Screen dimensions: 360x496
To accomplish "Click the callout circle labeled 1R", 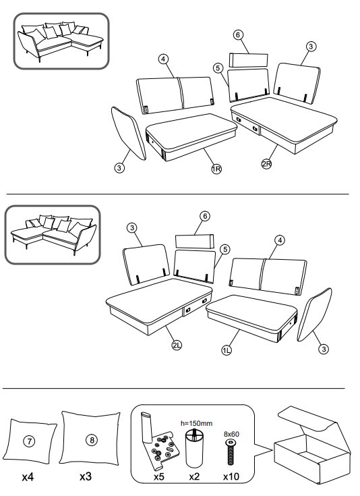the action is click(x=216, y=169).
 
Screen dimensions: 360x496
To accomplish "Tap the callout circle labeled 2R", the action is click(x=266, y=164).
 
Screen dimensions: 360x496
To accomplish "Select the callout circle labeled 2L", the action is click(x=177, y=345).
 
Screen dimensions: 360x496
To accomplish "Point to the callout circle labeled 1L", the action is click(x=227, y=350).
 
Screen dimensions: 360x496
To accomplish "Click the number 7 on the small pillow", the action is click(x=29, y=441).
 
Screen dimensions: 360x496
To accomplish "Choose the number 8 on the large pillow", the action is click(x=92, y=440).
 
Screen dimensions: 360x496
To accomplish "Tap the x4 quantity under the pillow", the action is click(x=28, y=477).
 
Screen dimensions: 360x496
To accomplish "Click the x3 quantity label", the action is click(x=86, y=476).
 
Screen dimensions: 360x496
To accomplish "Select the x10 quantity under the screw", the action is click(x=231, y=476).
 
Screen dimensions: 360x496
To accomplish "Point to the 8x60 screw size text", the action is click(x=231, y=434).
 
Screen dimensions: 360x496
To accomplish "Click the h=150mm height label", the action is click(x=197, y=423).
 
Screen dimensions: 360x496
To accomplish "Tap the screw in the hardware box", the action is click(x=231, y=451).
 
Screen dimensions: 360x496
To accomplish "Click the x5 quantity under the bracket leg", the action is click(x=158, y=476).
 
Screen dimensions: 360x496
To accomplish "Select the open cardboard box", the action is click(x=312, y=447).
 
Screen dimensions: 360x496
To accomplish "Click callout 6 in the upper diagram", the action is click(x=238, y=35).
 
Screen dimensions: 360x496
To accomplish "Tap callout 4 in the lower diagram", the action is click(x=280, y=240).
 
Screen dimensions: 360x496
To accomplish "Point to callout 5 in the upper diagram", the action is click(x=218, y=68).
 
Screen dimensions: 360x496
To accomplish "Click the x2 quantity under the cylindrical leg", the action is click(x=194, y=476).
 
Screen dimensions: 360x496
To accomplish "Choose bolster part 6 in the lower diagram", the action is click(x=195, y=242).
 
